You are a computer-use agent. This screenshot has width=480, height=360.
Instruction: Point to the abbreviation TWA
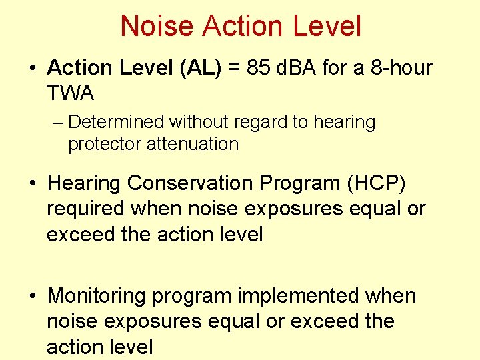coord(70,93)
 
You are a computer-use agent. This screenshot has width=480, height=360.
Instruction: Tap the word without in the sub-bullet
coord(193,123)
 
